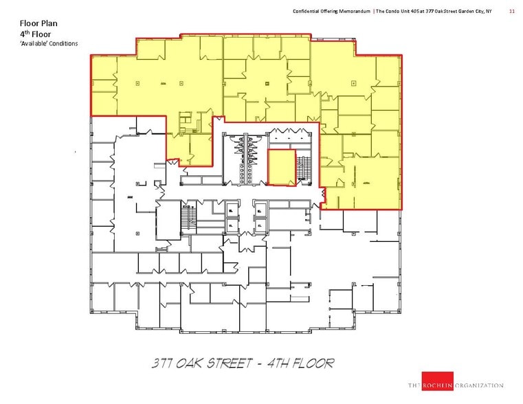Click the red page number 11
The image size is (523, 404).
(x=511, y=11)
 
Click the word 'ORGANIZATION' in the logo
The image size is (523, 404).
(x=478, y=385)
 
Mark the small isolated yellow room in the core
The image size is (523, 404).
(x=281, y=168)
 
